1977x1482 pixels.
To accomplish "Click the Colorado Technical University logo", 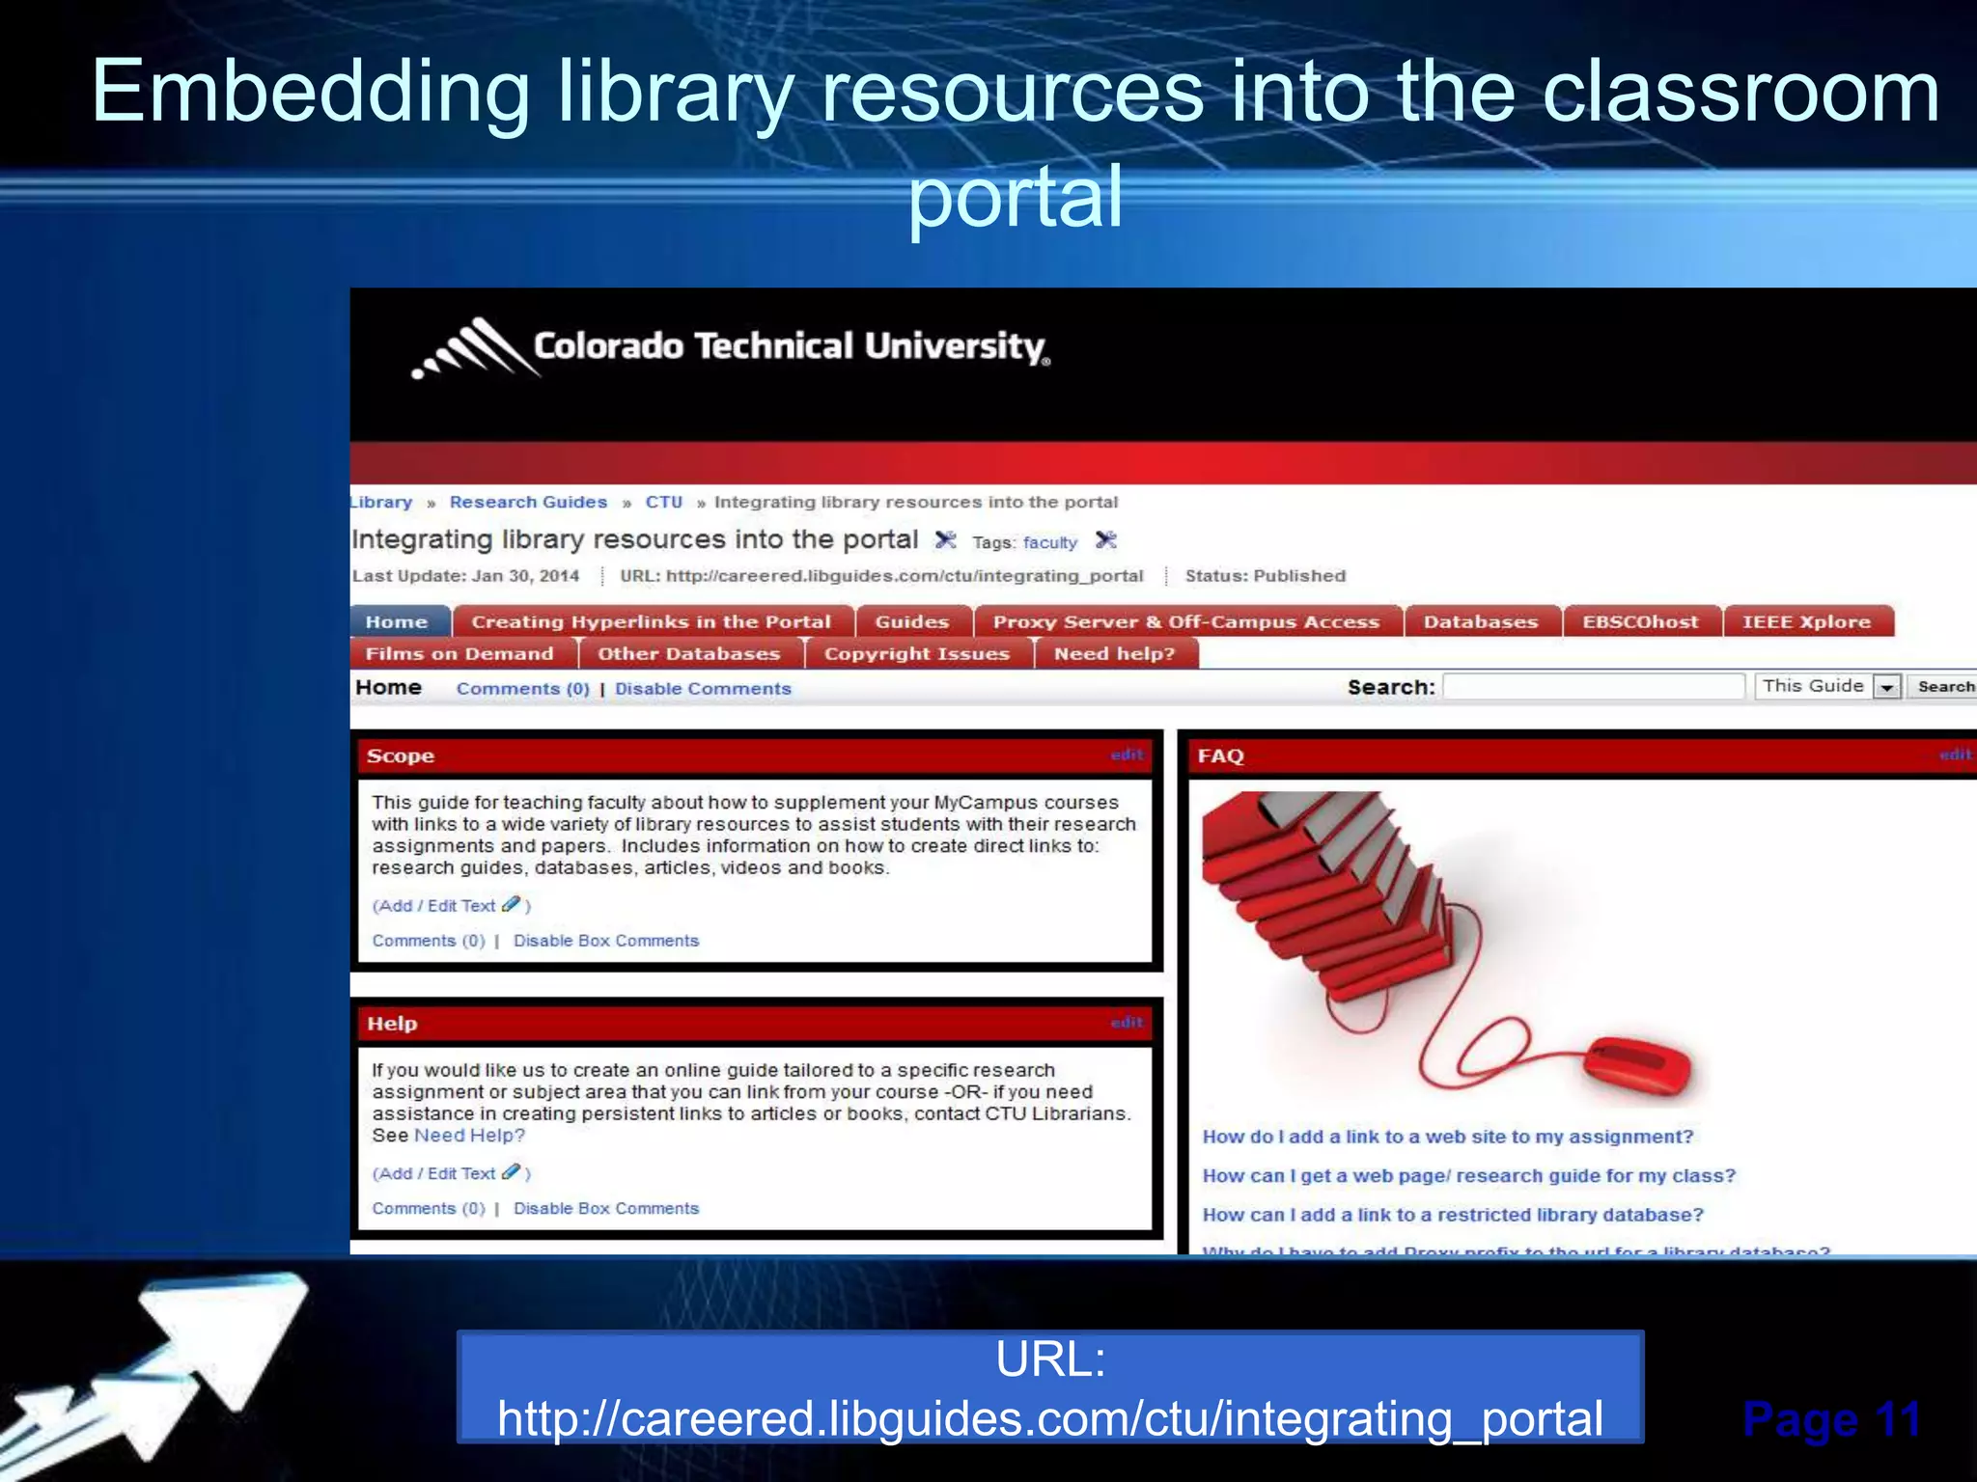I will [x=731, y=347].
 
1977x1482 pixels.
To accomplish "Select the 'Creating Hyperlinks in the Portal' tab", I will [x=651, y=622].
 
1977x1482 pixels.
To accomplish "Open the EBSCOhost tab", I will [x=1639, y=622].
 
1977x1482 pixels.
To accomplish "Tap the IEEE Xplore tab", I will [x=1805, y=622].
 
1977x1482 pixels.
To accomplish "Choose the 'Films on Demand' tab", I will [x=459, y=654].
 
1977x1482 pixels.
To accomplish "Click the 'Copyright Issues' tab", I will [x=916, y=654].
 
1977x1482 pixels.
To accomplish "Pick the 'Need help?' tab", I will [x=1114, y=654].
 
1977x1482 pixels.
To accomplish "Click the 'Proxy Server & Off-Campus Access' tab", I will [x=1186, y=622].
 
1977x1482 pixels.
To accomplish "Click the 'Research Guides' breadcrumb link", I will [x=528, y=502].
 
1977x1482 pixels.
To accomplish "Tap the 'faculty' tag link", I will [x=1049, y=542].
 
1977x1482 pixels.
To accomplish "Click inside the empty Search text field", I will [x=1593, y=687].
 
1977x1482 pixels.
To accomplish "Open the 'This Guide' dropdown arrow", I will [x=1886, y=687].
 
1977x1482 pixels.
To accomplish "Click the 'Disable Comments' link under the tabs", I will [x=703, y=689].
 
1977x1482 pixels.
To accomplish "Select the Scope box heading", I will [x=401, y=756].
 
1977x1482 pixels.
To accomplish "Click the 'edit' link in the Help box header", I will [x=1126, y=1022].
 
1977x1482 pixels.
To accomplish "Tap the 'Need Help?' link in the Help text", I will [x=469, y=1136].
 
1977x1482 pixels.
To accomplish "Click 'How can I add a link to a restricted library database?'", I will [x=1453, y=1215].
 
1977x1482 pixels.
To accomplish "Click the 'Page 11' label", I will [x=1831, y=1419].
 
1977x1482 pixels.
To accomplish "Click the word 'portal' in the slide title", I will [x=1016, y=196].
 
